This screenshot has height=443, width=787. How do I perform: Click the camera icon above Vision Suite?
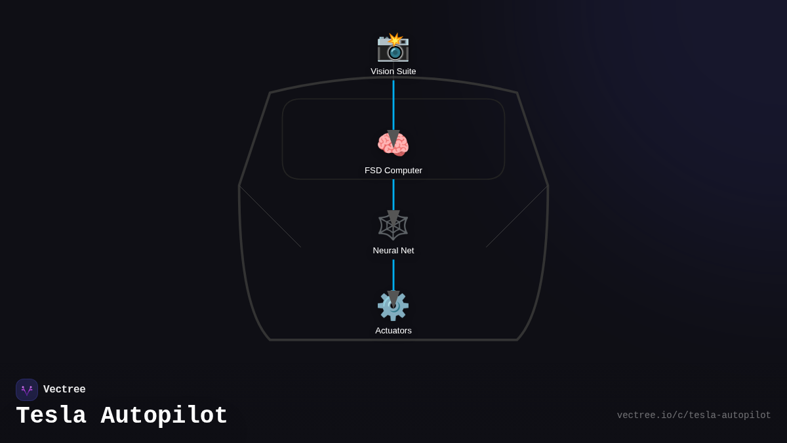393,47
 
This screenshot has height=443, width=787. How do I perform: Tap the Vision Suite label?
393,72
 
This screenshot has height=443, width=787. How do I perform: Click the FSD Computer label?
393,171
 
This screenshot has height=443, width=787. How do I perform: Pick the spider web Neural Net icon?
393,226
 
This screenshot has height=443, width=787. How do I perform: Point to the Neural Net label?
393,251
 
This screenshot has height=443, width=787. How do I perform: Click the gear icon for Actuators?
393,306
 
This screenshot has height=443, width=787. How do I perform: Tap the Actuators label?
393,331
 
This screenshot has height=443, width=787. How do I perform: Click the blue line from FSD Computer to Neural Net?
393,194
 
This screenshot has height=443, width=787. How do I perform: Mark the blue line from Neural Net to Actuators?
393,274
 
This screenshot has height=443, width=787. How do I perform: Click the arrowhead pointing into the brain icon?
393,137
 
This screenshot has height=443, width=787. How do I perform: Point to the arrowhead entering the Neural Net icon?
393,217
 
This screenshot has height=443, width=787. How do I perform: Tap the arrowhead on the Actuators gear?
393,297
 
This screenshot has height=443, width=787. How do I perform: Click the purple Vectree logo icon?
27,390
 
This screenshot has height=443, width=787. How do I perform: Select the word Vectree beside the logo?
64,390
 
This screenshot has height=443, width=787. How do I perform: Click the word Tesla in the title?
51,416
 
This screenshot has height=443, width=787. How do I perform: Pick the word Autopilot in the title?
164,416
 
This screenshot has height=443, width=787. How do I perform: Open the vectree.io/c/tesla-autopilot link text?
694,415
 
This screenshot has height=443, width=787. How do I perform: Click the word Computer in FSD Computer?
403,171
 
